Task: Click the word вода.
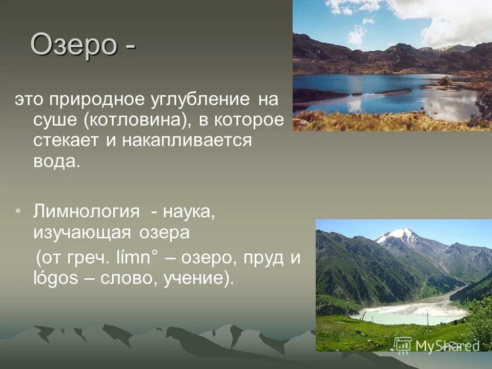tap(56, 161)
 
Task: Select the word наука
tap(192, 211)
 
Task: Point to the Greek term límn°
tap(135, 257)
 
